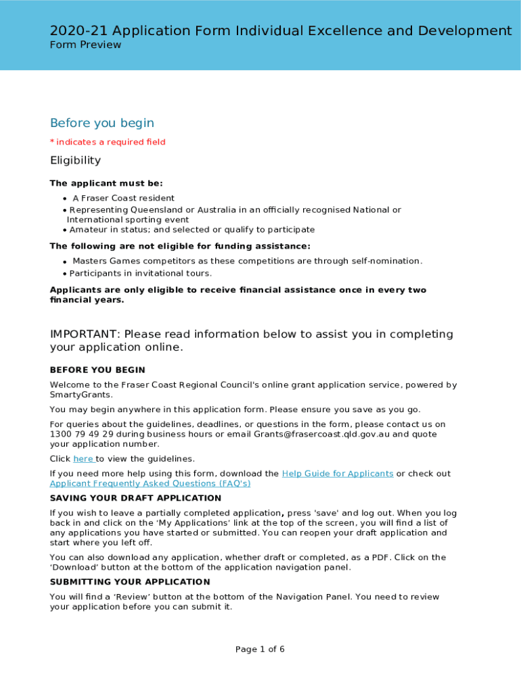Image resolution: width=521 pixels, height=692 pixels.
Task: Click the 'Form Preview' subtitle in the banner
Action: click(85, 45)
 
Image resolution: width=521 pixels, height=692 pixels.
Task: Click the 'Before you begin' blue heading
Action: click(102, 123)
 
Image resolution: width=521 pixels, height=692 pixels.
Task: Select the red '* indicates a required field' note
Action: click(108, 142)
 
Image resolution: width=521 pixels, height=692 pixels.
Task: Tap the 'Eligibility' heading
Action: click(75, 160)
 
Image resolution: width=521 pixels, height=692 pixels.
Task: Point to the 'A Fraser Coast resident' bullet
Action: click(123, 198)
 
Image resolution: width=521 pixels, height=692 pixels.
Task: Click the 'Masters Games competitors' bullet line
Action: click(247, 261)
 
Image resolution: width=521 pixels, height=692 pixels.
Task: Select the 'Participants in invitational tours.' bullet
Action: click(140, 273)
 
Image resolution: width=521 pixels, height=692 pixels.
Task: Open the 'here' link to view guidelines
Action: click(83, 459)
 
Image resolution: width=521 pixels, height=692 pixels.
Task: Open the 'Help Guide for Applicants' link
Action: click(337, 474)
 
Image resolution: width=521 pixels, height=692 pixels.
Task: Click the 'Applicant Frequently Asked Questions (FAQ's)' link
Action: click(150, 484)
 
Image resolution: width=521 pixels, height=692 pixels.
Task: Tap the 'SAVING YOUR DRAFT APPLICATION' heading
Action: click(135, 498)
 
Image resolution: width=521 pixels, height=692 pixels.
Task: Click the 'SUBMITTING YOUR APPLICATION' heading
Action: click(130, 582)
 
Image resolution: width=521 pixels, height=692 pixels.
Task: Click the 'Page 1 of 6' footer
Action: click(260, 649)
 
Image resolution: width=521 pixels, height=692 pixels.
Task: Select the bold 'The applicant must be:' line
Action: click(106, 183)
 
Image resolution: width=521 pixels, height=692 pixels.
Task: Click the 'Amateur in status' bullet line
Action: click(191, 230)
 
